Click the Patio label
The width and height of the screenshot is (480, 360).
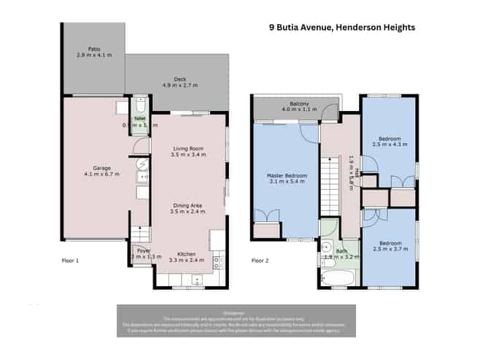click(x=92, y=49)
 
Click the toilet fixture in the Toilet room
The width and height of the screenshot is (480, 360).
click(x=140, y=104)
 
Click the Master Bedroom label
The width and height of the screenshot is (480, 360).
click(x=286, y=175)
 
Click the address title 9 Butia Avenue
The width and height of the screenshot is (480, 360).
click(x=341, y=27)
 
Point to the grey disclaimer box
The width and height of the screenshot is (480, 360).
click(x=239, y=321)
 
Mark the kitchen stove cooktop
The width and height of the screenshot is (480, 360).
click(x=216, y=261)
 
